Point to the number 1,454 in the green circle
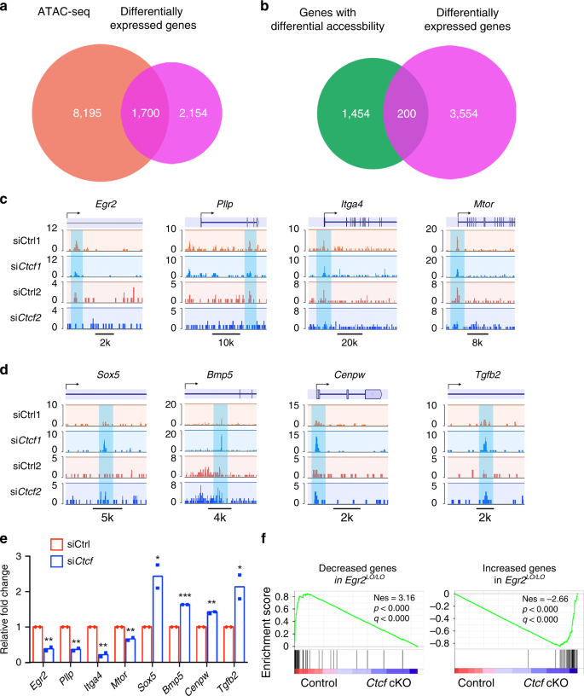pos(350,113)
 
